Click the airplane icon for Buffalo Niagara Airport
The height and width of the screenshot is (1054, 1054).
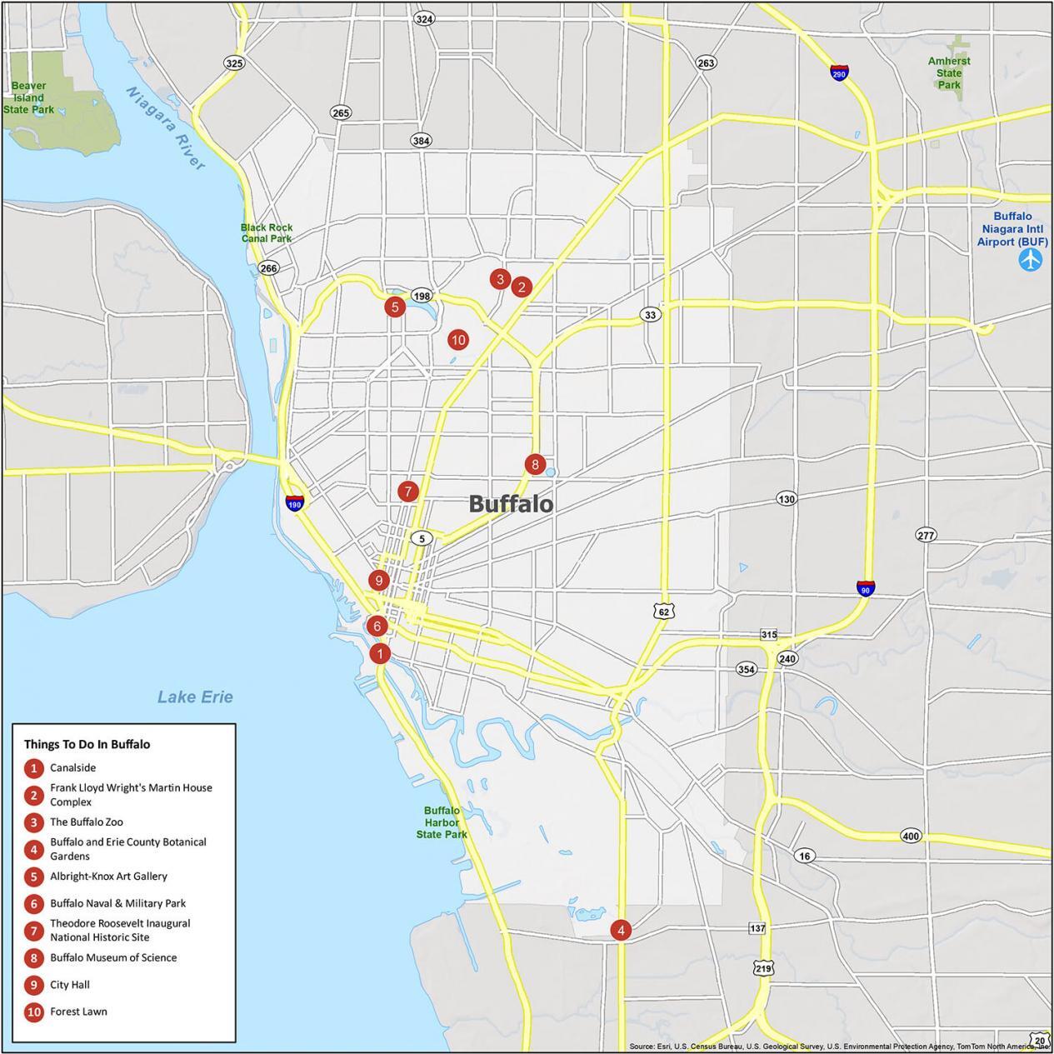1031,260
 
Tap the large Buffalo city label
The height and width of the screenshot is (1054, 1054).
510,503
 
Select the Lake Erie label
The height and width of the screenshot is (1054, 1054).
195,697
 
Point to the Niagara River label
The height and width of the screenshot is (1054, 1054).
167,128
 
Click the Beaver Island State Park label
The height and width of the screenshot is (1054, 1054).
28,97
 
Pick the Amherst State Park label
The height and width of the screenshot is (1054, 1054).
949,72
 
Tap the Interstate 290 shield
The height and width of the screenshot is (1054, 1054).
840,72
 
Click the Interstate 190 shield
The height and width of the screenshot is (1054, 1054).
294,502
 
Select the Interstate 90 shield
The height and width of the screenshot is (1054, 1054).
866,588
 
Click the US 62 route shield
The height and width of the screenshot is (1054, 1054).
663,612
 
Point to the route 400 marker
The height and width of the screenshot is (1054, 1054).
911,836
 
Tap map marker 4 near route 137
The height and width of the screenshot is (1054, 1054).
620,930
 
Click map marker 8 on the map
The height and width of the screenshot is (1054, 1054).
535,464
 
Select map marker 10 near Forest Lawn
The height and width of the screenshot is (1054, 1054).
457,339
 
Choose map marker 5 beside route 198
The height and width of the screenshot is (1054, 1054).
395,307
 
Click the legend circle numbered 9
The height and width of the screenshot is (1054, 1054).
34,985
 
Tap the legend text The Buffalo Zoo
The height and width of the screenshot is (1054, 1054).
86,822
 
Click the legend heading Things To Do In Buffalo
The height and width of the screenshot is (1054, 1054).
87,744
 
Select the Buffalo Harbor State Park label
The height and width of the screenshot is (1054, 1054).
442,822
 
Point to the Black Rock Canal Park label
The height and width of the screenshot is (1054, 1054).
267,232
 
